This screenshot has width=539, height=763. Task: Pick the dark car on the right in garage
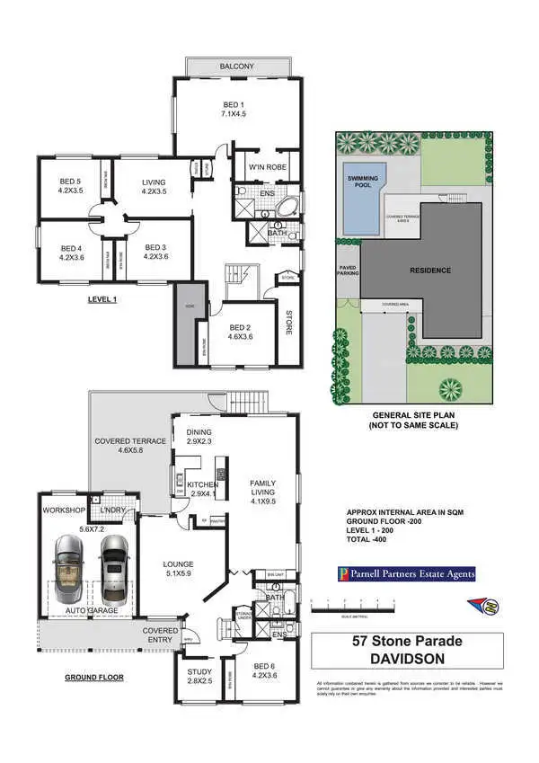tap(114, 571)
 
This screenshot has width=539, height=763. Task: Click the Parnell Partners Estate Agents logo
tap(406, 572)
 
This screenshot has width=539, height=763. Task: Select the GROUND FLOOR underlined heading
tap(93, 677)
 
